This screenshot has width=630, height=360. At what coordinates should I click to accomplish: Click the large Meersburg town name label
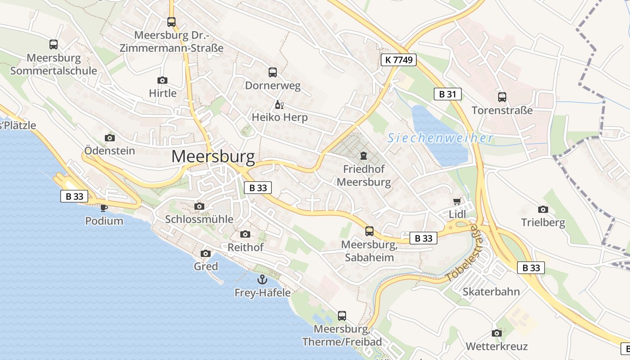pos(213,157)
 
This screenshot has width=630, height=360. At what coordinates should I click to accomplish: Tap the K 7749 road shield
pos(399,60)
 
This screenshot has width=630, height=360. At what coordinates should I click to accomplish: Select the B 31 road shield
pos(447,94)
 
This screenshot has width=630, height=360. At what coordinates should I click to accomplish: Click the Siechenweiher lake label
pos(440,138)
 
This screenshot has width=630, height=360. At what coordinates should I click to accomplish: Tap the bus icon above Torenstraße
pos(502,97)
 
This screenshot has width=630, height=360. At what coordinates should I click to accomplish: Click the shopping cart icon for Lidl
pos(457,202)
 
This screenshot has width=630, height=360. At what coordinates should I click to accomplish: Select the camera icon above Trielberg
pos(543,209)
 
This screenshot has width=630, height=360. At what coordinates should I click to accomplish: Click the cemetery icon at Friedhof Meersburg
pos(363,156)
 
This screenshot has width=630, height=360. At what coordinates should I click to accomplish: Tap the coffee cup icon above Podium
pos(104,207)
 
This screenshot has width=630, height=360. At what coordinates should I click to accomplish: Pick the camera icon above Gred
pos(206,253)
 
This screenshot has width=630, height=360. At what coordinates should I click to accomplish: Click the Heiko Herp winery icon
pos(279,105)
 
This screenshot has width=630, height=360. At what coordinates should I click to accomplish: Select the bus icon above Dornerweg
pos(272,72)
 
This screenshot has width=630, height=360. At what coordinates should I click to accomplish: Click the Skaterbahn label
pos(491,292)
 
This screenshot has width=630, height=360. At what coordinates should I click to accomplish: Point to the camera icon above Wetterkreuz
pos(496,333)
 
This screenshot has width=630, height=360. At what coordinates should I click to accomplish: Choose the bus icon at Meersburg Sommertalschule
pos(54,45)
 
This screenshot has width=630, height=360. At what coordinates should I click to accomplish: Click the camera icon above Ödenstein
pos(109,138)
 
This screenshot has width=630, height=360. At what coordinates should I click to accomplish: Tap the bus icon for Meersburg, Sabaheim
pos(369,231)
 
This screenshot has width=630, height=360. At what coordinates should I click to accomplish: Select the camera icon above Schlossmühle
pos(199,206)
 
